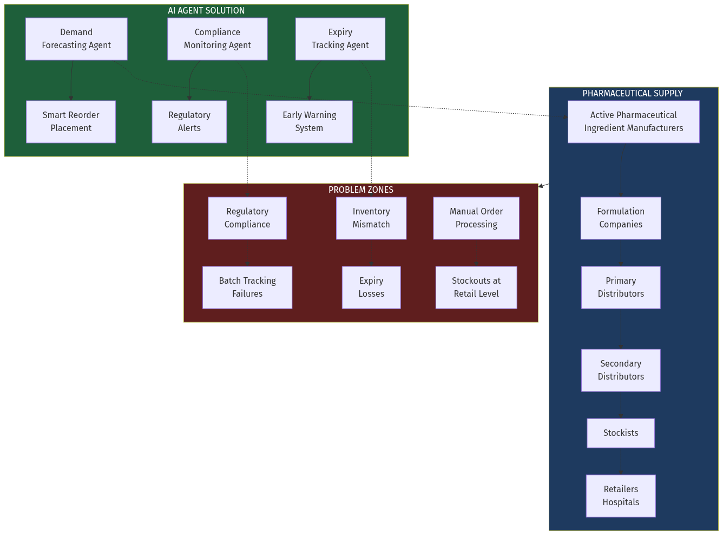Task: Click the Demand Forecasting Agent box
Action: (76, 39)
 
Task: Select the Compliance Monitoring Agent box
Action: (217, 39)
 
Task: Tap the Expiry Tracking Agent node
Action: (340, 39)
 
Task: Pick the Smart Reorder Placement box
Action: (71, 122)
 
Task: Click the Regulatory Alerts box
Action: (189, 122)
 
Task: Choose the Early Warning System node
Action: (309, 122)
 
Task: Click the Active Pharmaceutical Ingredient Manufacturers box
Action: (633, 122)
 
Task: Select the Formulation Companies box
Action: (621, 218)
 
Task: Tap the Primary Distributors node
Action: (621, 288)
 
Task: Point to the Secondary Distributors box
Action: (621, 370)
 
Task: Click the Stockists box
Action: (621, 433)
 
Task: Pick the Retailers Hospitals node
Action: (621, 496)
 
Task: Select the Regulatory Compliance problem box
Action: (247, 218)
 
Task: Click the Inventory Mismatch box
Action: (371, 218)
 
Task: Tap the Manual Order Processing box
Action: (476, 218)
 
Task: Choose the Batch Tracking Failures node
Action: (247, 288)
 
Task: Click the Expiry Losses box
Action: (371, 288)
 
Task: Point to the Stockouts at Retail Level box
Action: (476, 288)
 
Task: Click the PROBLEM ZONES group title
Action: (361, 190)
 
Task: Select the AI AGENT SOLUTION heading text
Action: (206, 11)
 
